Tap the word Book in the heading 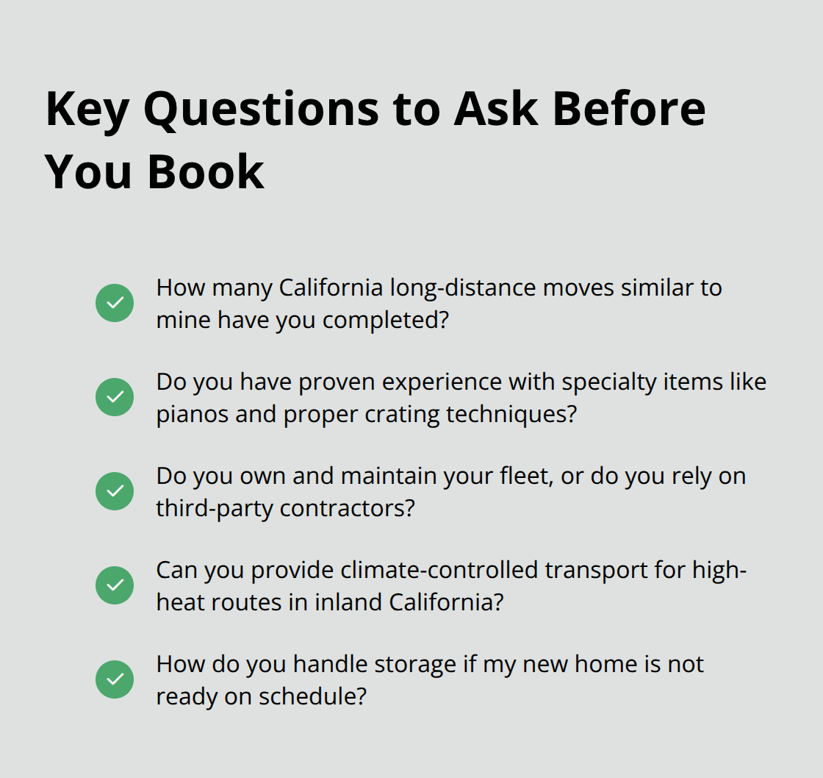click(x=205, y=172)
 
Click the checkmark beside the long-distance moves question click(x=115, y=303)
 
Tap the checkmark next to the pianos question click(x=115, y=397)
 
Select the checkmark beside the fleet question click(x=115, y=491)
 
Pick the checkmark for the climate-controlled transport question click(x=115, y=585)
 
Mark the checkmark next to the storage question click(x=115, y=679)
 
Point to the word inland click(x=344, y=602)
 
